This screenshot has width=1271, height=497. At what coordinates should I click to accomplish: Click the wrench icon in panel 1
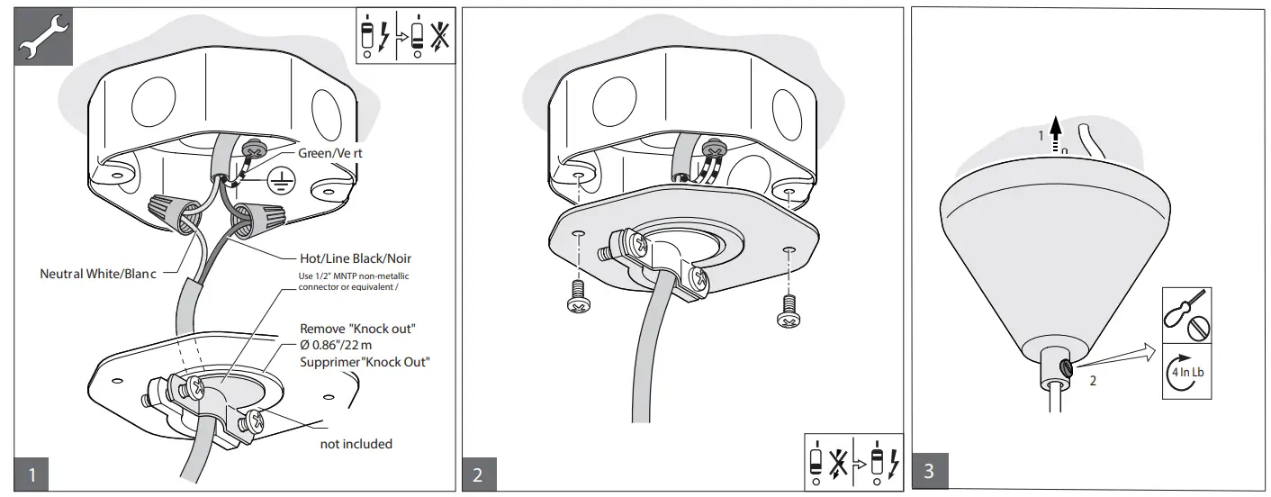pos(40,40)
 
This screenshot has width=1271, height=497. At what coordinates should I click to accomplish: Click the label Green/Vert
pos(330,153)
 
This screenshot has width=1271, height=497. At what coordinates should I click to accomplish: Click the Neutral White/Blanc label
pos(99,274)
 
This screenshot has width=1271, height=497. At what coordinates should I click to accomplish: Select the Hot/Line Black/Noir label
pos(354,258)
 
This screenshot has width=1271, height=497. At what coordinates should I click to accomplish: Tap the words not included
pos(356,444)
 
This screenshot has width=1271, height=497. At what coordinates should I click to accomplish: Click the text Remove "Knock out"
pos(363,330)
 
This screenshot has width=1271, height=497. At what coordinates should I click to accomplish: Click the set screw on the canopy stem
pos(1066,366)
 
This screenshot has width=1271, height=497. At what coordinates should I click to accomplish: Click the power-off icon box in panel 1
pos(403,36)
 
